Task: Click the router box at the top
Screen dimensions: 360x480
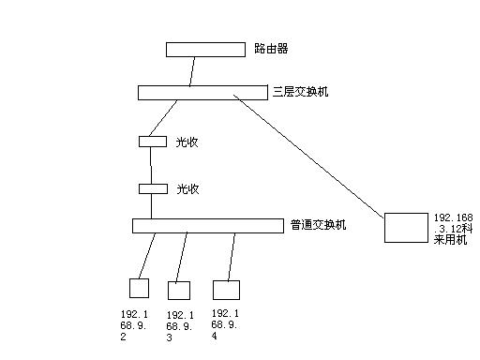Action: point(204,49)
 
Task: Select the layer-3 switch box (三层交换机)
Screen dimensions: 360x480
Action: point(203,92)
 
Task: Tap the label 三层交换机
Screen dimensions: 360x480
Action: point(300,92)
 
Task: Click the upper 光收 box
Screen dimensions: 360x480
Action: point(152,142)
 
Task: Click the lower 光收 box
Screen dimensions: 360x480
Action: point(152,188)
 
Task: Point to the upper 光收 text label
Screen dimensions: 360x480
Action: point(187,142)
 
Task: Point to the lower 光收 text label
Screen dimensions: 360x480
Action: point(187,188)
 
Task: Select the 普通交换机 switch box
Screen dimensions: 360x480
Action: point(207,225)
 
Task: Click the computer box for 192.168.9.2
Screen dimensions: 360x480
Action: point(139,288)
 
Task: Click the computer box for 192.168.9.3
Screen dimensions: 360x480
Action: point(179,289)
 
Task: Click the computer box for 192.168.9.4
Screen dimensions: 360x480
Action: point(226,289)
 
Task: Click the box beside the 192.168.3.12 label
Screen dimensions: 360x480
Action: point(405,228)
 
